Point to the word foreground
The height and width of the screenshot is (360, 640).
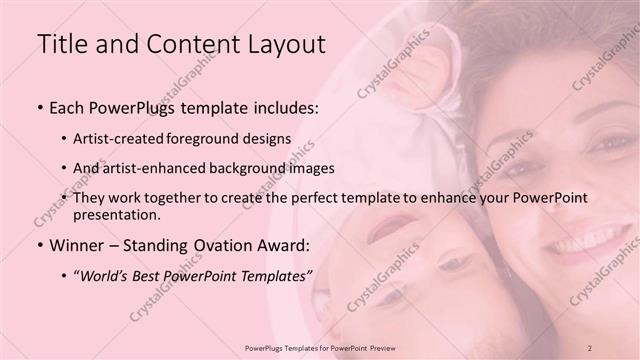[x=221, y=140]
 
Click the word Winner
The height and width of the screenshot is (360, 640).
[x=77, y=244]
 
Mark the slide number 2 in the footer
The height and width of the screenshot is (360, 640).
[x=590, y=347]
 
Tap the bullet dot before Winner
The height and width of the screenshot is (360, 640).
[x=40, y=245]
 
